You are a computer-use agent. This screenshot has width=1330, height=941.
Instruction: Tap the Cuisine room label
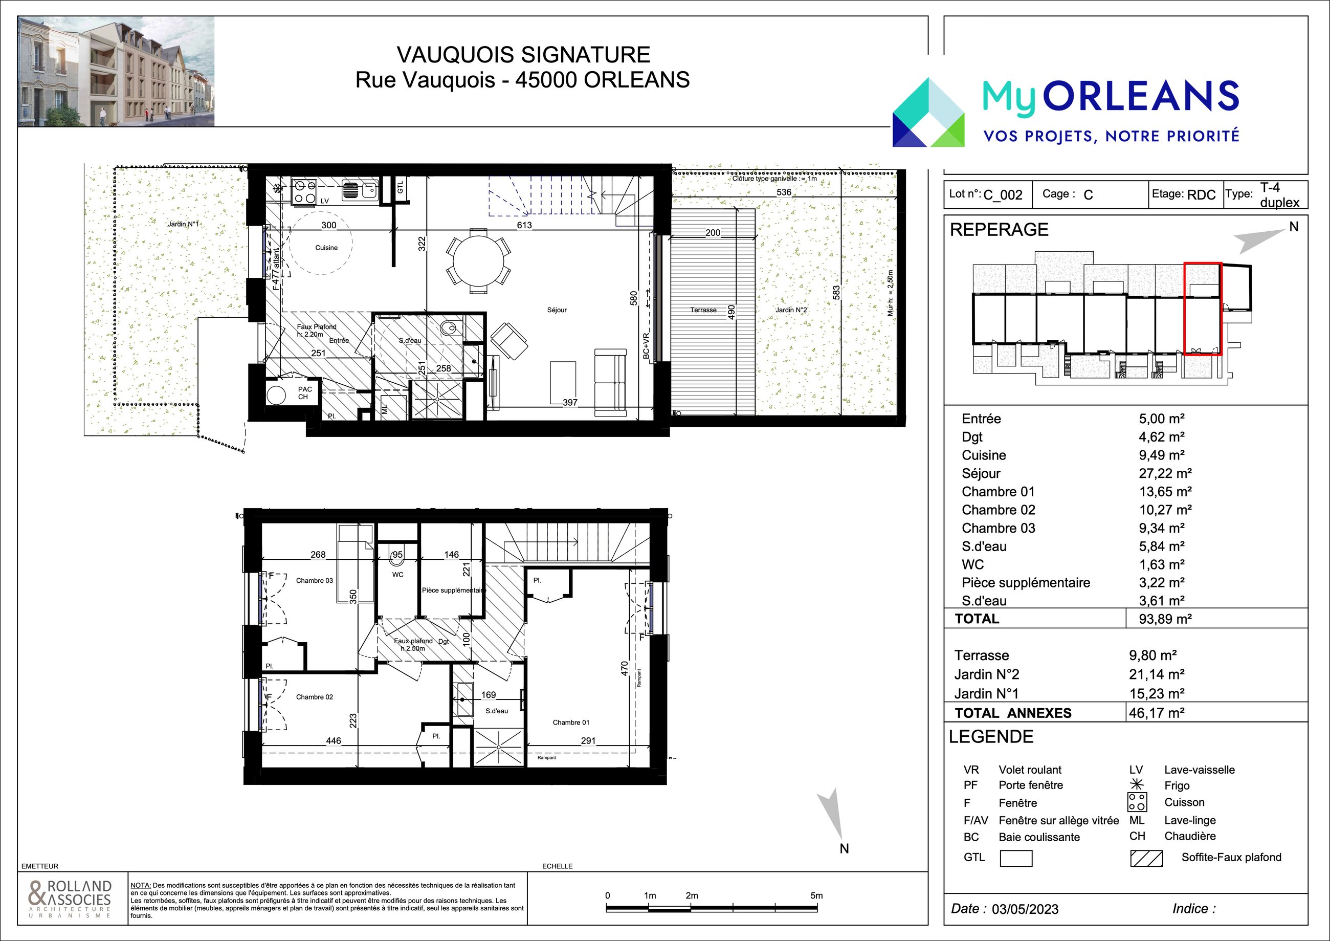pos(326,248)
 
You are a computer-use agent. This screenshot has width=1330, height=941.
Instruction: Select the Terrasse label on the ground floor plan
pos(703,310)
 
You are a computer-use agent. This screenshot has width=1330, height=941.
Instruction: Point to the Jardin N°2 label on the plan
pos(791,310)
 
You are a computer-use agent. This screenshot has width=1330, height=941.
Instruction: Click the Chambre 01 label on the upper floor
pos(570,723)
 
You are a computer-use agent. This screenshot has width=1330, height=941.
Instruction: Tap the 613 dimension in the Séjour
pos(524,225)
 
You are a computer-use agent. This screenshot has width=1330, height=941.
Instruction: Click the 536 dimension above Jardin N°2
pos(784,192)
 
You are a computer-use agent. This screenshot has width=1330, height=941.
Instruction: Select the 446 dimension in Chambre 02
pos(334,740)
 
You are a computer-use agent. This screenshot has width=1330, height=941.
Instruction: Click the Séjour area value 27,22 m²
pos(1165,473)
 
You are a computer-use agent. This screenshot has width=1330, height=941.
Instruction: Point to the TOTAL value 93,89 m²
pos(1165,619)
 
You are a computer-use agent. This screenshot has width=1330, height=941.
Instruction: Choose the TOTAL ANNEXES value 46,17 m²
pos(1156,713)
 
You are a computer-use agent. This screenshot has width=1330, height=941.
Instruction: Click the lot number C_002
pos(1003,195)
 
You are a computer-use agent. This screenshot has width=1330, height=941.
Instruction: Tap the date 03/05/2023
pos(1025,909)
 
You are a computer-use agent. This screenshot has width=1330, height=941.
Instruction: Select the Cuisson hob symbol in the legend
pos(1137,802)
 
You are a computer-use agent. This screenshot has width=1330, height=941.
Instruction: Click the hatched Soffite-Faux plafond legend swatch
pos(1146,858)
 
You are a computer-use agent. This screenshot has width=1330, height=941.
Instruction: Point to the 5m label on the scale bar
pos(816,896)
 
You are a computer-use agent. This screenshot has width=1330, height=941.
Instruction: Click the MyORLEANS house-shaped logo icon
pos(928,113)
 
